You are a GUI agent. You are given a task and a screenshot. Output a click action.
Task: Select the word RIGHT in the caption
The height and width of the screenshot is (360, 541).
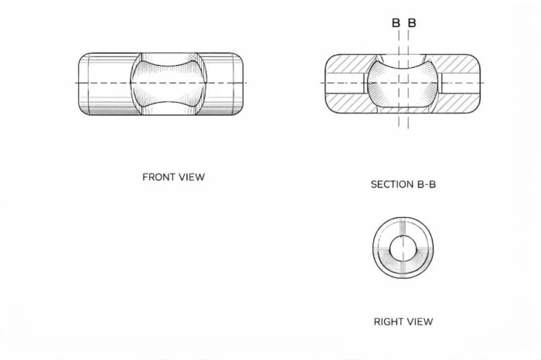(x=387, y=321)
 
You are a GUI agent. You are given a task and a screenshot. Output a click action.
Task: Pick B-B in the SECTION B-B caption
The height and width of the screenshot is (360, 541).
(x=427, y=185)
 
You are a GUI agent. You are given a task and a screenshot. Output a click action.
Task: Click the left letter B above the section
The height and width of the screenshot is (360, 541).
(x=396, y=22)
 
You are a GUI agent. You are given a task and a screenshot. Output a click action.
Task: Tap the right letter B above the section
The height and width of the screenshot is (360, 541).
(x=412, y=22)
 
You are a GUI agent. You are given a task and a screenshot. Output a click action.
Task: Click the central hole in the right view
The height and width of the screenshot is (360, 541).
(x=403, y=248)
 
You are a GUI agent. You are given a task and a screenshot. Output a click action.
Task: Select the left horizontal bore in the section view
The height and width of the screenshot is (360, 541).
(x=345, y=83)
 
